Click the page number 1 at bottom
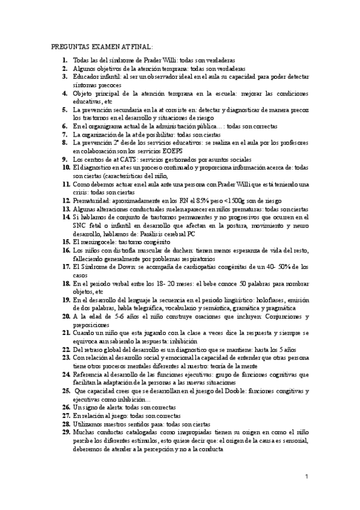click(307, 477)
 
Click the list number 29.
click(66, 432)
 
